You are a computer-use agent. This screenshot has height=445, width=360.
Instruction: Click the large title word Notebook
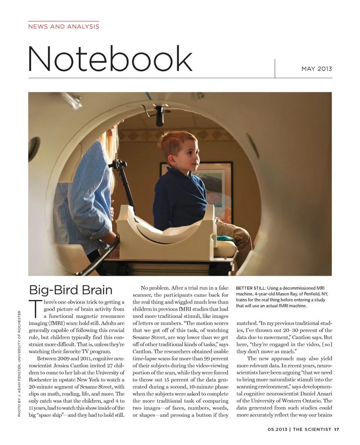[x=110, y=59]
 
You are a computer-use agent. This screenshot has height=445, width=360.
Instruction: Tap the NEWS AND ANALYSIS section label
[x=64, y=27]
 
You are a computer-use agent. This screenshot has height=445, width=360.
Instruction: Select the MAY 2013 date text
[x=316, y=69]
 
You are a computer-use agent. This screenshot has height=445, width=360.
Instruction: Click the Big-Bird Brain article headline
[x=71, y=290]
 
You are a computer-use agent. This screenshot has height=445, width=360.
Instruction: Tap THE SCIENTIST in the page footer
[x=312, y=430]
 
